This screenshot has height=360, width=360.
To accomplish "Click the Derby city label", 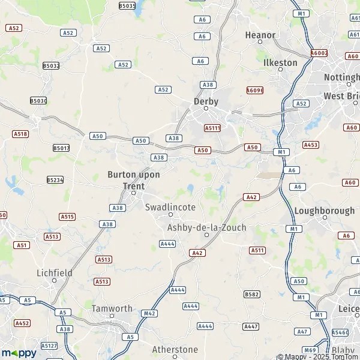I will pyautogui.click(x=206, y=101).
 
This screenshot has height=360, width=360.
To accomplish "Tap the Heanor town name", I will pyautogui.click(x=260, y=35).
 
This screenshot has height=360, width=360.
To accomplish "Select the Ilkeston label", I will pyautogui.click(x=280, y=62).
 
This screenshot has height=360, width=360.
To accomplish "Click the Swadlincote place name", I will pyautogui.click(x=170, y=207).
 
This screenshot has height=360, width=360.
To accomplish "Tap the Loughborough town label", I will pyautogui.click(x=324, y=211).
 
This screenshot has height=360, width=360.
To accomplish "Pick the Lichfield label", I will pyautogui.click(x=54, y=272).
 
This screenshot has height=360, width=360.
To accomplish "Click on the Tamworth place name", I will pyautogui.click(x=112, y=308).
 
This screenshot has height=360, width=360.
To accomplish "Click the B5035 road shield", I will pyautogui.click(x=127, y=5).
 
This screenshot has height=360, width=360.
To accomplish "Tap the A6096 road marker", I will pyautogui.click(x=255, y=90).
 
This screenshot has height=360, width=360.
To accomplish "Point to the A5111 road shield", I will pyautogui.click(x=212, y=128).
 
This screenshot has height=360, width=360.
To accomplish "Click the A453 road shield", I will pyautogui.click(x=311, y=145).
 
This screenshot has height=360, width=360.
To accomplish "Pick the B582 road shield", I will pyautogui.click(x=252, y=294).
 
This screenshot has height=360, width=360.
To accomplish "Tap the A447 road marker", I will pyautogui.click(x=251, y=326).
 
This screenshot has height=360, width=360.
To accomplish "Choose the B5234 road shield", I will pyautogui.click(x=55, y=179).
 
